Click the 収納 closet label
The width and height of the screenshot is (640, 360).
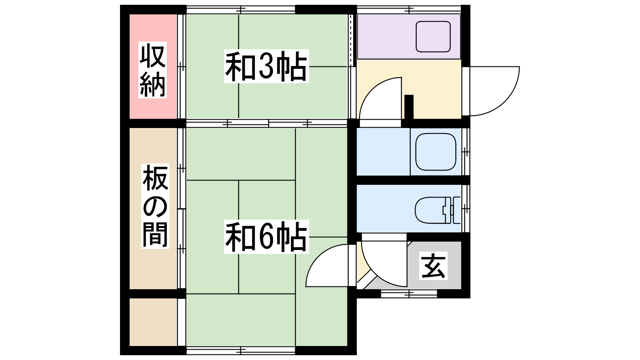coord(152,70)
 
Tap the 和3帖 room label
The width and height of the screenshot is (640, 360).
coord(266,66)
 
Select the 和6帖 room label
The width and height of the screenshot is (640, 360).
coord(266,236)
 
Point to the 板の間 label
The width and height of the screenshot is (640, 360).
coord(156,206)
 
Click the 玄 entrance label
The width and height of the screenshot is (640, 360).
coord(433,266)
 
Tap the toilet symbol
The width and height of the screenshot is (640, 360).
coord(438,210)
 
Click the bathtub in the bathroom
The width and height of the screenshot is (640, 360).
coord(436,152)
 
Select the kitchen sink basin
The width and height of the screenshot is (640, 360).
coord(433,36)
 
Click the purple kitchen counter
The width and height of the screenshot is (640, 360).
coord(409,36)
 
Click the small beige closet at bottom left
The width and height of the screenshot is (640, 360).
coord(154,322)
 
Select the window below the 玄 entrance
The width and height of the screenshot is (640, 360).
coord(409,294)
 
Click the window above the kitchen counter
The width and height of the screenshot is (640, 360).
coord(409,10)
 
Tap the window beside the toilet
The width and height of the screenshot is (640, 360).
coord(466,208)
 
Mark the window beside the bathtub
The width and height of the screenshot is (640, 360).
coord(466,152)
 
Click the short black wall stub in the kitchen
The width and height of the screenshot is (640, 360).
coord(409,106)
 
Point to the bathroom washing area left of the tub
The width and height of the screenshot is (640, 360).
coord(384,152)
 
